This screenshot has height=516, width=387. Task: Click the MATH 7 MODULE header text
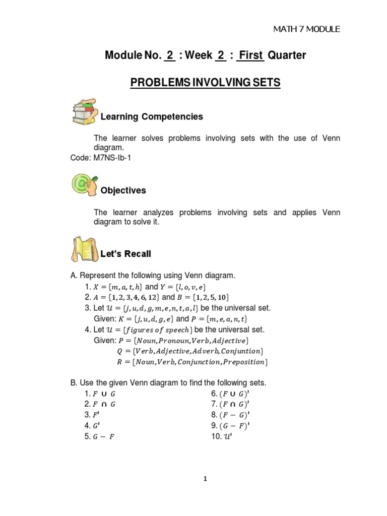click(306, 29)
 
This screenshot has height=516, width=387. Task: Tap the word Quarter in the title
click(287, 55)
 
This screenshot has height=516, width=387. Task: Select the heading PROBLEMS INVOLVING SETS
click(205, 83)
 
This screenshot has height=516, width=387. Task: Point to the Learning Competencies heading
click(152, 117)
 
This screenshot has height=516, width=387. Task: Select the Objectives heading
click(123, 190)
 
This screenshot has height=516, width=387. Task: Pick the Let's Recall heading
click(126, 254)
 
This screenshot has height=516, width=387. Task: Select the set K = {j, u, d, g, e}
click(141, 319)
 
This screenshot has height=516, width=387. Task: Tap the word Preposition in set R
click(243, 362)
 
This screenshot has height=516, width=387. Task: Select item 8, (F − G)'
click(230, 415)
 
